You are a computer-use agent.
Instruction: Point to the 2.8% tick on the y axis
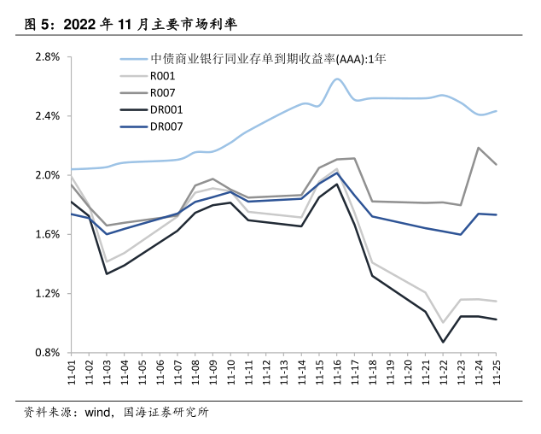pyautogui.click(x=47, y=57)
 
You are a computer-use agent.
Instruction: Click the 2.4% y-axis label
pyautogui.click(x=47, y=116)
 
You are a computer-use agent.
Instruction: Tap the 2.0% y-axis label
pyautogui.click(x=47, y=175)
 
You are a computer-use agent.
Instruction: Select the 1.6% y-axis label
pyautogui.click(x=47, y=234)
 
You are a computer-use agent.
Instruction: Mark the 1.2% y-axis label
pyautogui.click(x=47, y=293)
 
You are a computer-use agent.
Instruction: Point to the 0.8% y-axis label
pyautogui.click(x=47, y=352)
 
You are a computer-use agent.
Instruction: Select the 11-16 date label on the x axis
pyautogui.click(x=337, y=372)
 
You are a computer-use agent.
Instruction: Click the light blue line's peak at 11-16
pyautogui.click(x=337, y=79)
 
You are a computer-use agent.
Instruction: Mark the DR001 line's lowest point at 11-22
pyautogui.click(x=443, y=342)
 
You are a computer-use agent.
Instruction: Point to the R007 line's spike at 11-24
pyautogui.click(x=478, y=148)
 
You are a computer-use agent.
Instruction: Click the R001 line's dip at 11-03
pyautogui.click(x=106, y=261)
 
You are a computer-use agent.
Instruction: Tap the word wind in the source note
pyautogui.click(x=97, y=413)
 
